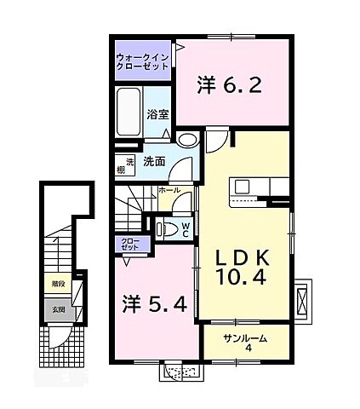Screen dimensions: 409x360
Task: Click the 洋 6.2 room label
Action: [x=226, y=84]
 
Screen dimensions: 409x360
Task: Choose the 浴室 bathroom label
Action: [x=157, y=114]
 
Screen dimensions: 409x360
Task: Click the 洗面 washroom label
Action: [x=153, y=161]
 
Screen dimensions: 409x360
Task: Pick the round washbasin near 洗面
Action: [x=188, y=141]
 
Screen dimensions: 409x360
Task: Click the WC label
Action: [x=185, y=228]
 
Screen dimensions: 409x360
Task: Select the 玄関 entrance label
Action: [x=56, y=309]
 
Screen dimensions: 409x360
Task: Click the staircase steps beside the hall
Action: [x=132, y=209]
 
